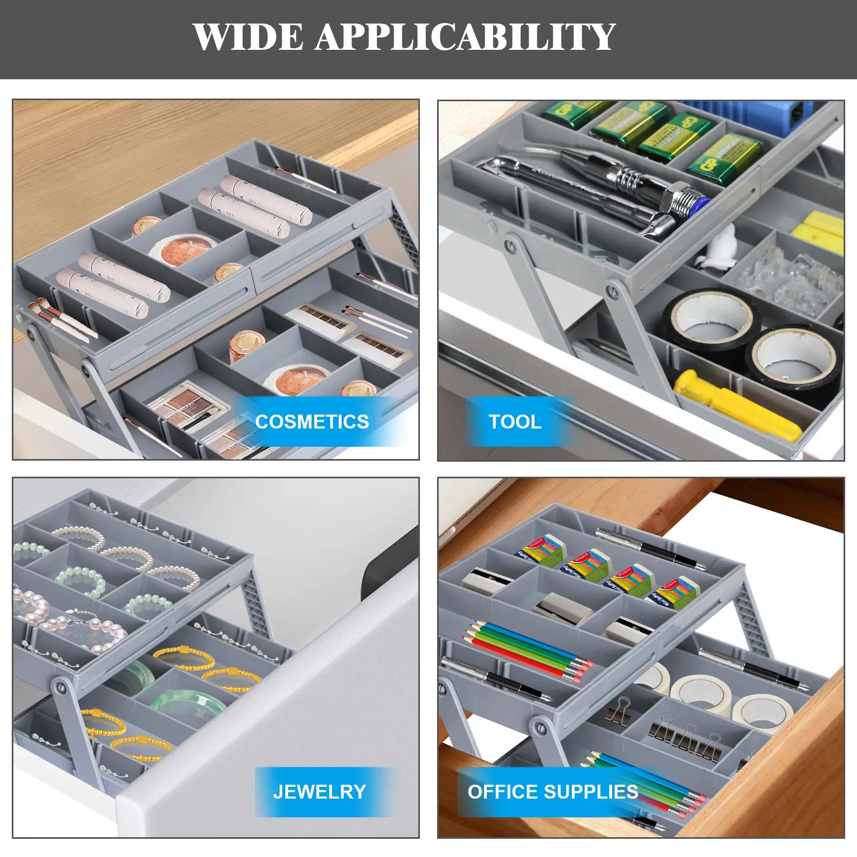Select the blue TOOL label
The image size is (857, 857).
click(x=515, y=422)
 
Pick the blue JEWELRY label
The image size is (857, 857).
click(x=319, y=792)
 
